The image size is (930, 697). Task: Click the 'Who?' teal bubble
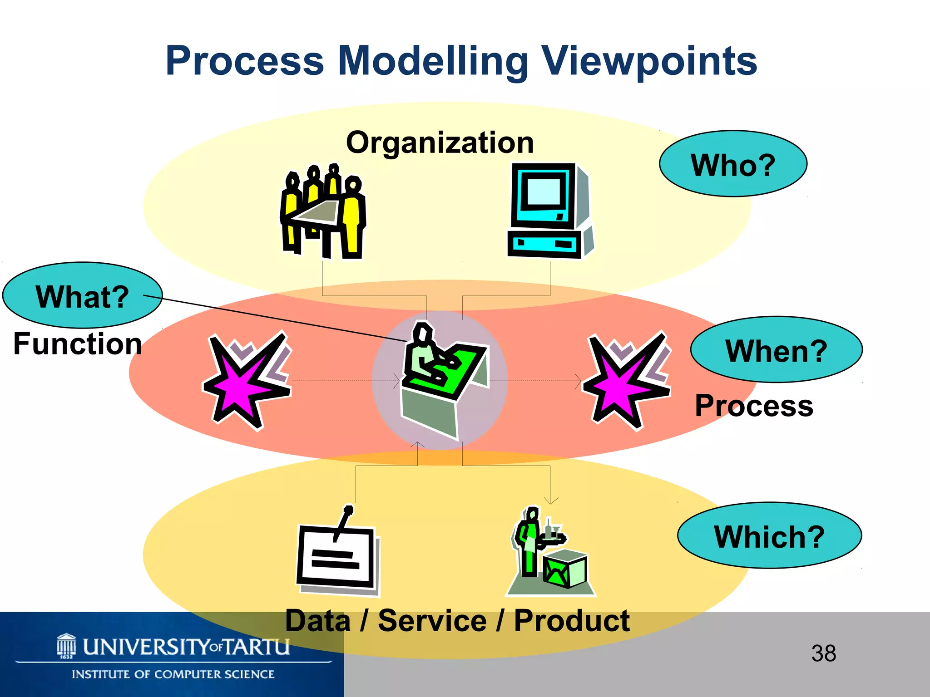click(x=732, y=164)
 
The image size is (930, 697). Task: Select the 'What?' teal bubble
click(x=82, y=295)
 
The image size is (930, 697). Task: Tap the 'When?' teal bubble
click(x=776, y=350)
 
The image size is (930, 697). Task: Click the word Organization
click(x=440, y=142)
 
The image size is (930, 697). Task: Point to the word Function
click(x=78, y=344)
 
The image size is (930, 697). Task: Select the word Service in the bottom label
click(x=432, y=620)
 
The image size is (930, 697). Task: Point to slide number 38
click(x=823, y=653)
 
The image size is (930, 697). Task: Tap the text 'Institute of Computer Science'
click(x=173, y=674)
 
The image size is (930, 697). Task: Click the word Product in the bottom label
click(x=571, y=620)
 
